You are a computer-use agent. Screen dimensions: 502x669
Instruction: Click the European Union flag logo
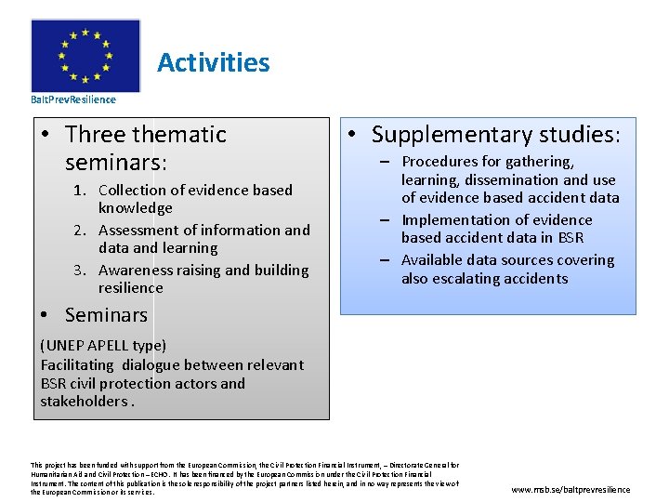coord(85,55)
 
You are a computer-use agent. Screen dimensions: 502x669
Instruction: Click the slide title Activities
coord(213,63)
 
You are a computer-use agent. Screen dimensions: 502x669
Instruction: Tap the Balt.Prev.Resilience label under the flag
coord(73,99)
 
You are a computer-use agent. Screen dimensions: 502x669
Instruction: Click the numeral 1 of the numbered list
coord(79,191)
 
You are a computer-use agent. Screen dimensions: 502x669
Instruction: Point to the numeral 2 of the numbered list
coord(79,231)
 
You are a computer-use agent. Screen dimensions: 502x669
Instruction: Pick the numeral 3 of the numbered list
coord(79,271)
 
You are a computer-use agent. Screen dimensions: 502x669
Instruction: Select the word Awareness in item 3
coord(136,271)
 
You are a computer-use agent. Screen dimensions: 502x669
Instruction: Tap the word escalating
coord(474,279)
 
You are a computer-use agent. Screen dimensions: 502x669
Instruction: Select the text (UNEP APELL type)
coord(103,346)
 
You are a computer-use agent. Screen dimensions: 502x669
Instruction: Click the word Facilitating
coord(77,365)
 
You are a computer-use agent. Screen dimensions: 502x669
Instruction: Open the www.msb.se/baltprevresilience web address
coord(571,489)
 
